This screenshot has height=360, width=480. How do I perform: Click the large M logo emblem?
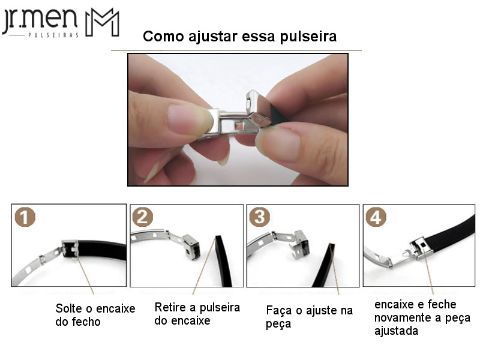point(102,22)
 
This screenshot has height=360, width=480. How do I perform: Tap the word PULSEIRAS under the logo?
point(53,35)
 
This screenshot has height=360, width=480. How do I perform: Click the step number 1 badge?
point(25,217)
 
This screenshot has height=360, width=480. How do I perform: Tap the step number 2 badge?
point(142,217)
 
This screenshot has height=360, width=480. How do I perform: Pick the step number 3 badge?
point(260,217)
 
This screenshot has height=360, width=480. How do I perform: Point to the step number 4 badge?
point(376,217)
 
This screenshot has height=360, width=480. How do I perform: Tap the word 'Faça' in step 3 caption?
point(279,311)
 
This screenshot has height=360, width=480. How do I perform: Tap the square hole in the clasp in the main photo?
point(239,125)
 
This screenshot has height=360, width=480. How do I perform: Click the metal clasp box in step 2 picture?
point(191,247)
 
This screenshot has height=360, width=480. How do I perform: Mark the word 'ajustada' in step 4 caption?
point(396,331)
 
